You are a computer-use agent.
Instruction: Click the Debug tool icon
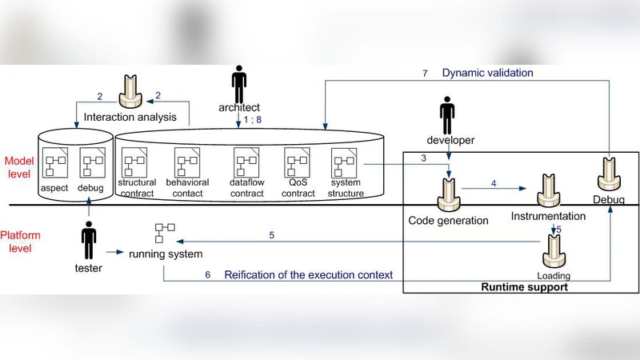(610, 171)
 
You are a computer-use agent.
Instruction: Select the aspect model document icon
(54, 163)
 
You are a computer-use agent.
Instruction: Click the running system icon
(161, 234)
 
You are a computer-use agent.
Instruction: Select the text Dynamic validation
(488, 73)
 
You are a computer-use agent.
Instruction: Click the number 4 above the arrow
(494, 182)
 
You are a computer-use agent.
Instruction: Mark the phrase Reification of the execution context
(309, 274)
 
